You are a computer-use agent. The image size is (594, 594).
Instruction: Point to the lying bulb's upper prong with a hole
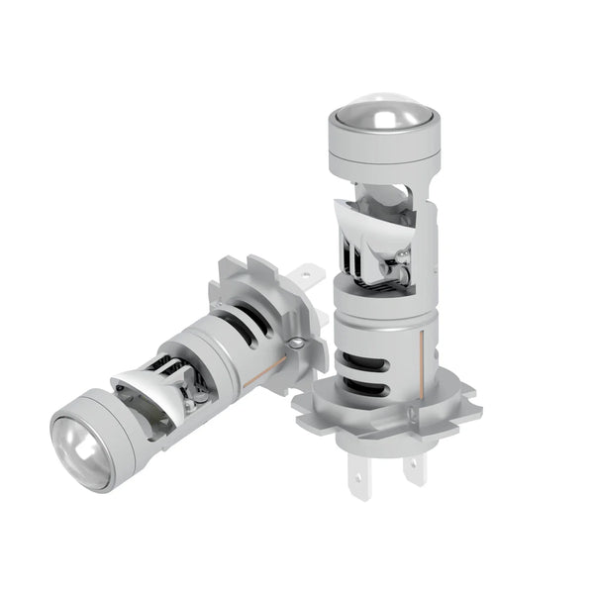pos(308,272)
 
